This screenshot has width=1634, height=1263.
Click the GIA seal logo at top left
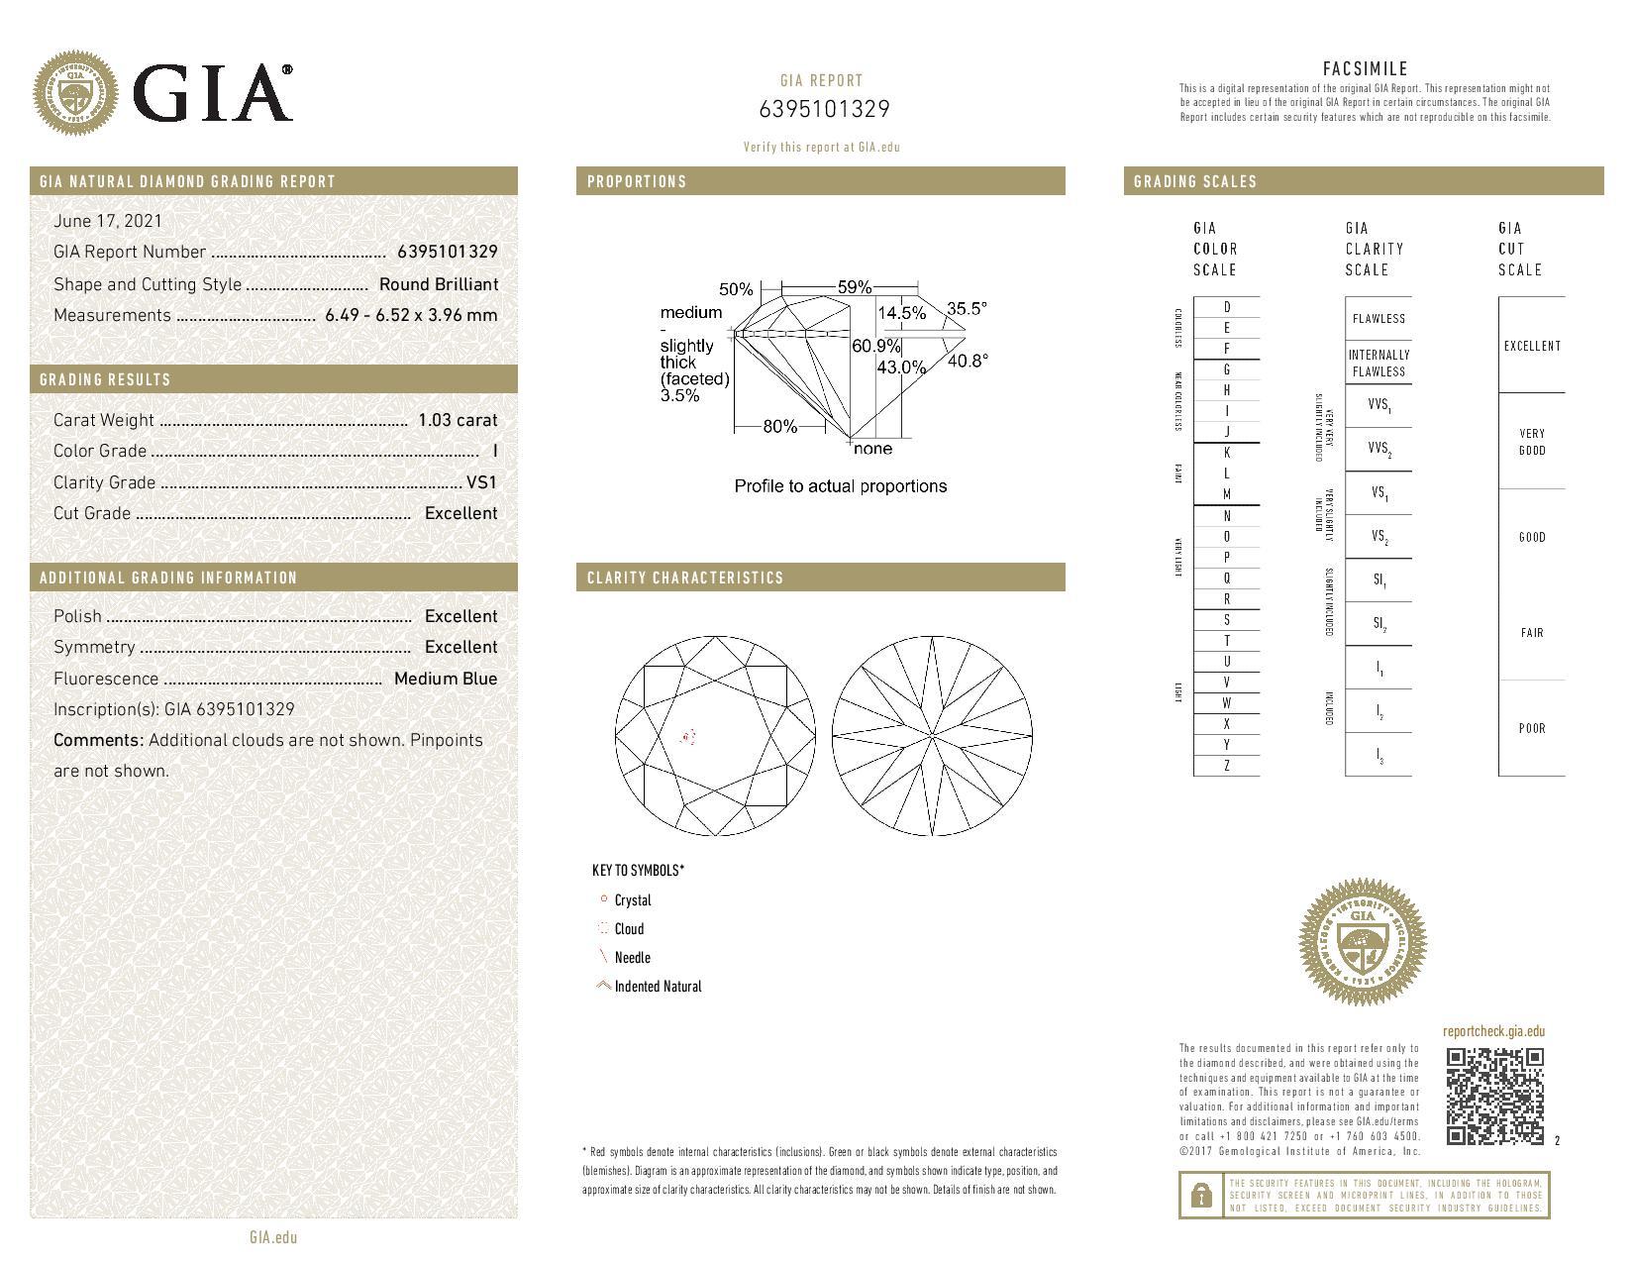pos(75,95)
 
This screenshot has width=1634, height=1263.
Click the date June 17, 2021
pos(107,221)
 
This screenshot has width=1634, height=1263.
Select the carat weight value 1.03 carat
pos(457,420)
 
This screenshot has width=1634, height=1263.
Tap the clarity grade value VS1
pos(481,482)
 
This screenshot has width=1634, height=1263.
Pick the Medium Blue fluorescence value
pos(445,679)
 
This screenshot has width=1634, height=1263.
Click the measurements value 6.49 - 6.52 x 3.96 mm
pos(410,315)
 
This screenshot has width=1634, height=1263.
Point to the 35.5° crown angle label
pos(966,309)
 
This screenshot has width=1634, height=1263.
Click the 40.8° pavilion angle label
pos(967,361)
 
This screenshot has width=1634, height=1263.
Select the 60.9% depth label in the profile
pos(876,346)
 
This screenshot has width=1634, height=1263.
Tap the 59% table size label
pos(854,287)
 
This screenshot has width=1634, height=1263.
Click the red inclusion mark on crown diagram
pos(687,737)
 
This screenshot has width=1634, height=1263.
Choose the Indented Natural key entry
pos(657,987)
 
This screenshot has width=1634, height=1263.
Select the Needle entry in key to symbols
pos(632,958)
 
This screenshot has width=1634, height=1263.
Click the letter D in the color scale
pos(1226,307)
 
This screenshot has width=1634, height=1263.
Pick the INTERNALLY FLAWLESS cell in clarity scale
pos(1379,363)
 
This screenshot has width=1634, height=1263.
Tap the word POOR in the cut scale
pos(1531,728)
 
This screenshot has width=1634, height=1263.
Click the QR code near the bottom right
pos(1494,1097)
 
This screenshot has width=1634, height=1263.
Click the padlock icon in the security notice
pos(1200,1195)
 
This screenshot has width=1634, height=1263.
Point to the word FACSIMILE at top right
pos(1365,68)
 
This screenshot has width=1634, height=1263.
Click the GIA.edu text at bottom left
pos(272,1237)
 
